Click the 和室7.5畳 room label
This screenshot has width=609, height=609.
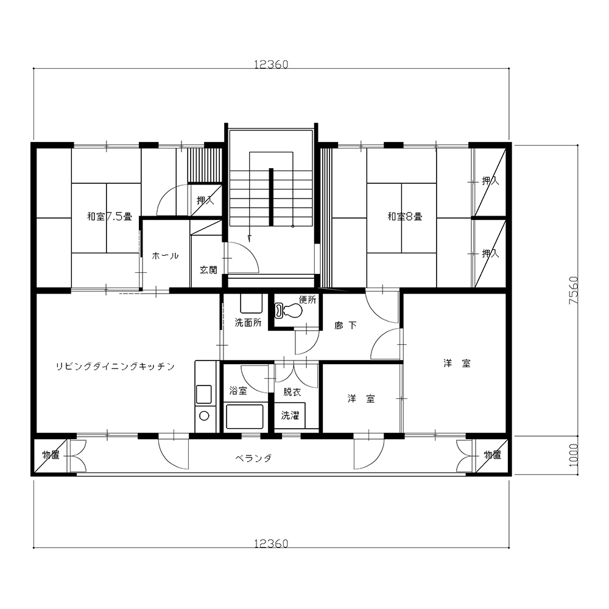click(109, 216)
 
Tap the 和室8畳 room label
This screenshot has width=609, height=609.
click(405, 216)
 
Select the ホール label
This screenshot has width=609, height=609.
click(165, 256)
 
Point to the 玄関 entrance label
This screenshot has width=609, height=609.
click(208, 270)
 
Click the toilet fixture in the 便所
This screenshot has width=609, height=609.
click(289, 310)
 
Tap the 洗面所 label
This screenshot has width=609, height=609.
click(248, 322)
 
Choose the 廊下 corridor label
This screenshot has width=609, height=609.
click(346, 325)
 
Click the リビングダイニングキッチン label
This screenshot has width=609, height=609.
click(115, 366)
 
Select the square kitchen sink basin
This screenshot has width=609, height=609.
click(204, 394)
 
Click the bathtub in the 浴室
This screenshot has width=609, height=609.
click(245, 417)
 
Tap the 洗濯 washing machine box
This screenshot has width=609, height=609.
click(290, 415)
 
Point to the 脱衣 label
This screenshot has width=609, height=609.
click(292, 392)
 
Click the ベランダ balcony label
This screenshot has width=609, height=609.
click(253, 459)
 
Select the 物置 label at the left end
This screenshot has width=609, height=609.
click(51, 455)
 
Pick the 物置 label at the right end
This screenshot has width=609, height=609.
click(493, 455)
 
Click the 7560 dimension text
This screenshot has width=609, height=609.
click(574, 290)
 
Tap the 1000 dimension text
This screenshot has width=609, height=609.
click(574, 456)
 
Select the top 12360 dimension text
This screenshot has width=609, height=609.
click(271, 65)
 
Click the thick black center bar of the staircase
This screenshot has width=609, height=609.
click(271, 197)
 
